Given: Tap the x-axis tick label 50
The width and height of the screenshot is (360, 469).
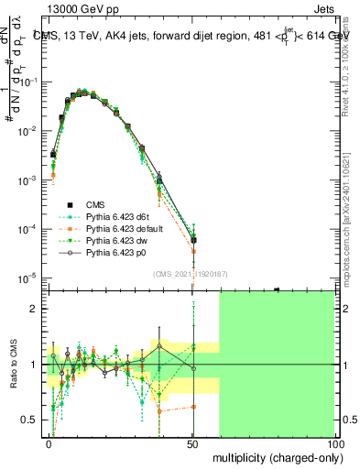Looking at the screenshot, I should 192,442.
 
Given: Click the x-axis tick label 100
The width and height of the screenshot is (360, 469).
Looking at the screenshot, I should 334,442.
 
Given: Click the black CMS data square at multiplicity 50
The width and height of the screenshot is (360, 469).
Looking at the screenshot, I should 193,240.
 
